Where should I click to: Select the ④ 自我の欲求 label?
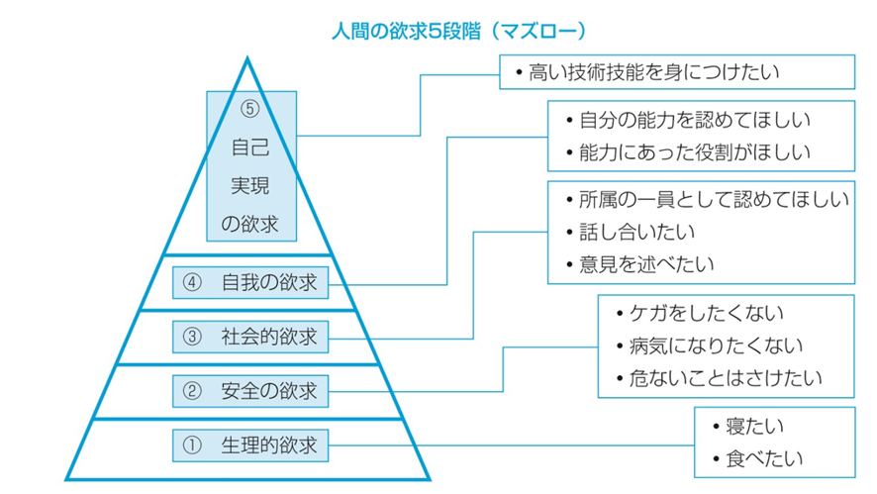(250, 283)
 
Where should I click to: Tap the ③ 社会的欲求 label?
(250, 337)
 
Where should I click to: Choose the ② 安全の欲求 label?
(250, 390)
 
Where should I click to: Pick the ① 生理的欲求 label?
(250, 445)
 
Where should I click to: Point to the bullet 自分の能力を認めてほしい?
(689, 121)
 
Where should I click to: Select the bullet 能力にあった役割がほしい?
(689, 152)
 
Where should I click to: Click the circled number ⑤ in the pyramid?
(249, 110)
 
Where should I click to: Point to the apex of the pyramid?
(247, 59)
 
